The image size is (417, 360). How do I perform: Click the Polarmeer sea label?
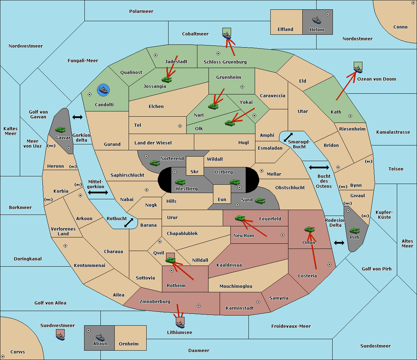141,11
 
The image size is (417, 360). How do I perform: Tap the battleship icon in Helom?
317,20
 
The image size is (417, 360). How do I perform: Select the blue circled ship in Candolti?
104,90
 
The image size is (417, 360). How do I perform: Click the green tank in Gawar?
60,129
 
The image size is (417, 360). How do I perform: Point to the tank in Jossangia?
167,79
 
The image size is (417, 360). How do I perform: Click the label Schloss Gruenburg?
225,62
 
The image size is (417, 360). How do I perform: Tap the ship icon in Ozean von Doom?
358,68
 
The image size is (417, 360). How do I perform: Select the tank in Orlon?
309,229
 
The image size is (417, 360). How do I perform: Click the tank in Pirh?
354,231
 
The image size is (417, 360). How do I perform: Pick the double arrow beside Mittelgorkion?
98,193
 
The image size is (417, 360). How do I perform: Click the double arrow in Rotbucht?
129,223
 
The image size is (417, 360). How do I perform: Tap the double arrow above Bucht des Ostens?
319,168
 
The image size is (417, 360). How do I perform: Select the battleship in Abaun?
100,337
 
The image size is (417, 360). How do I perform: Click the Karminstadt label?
240,308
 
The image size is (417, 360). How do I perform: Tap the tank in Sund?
260,201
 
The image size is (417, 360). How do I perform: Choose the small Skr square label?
195,172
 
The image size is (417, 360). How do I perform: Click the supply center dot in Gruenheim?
242,87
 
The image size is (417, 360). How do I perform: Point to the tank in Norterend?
155,163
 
